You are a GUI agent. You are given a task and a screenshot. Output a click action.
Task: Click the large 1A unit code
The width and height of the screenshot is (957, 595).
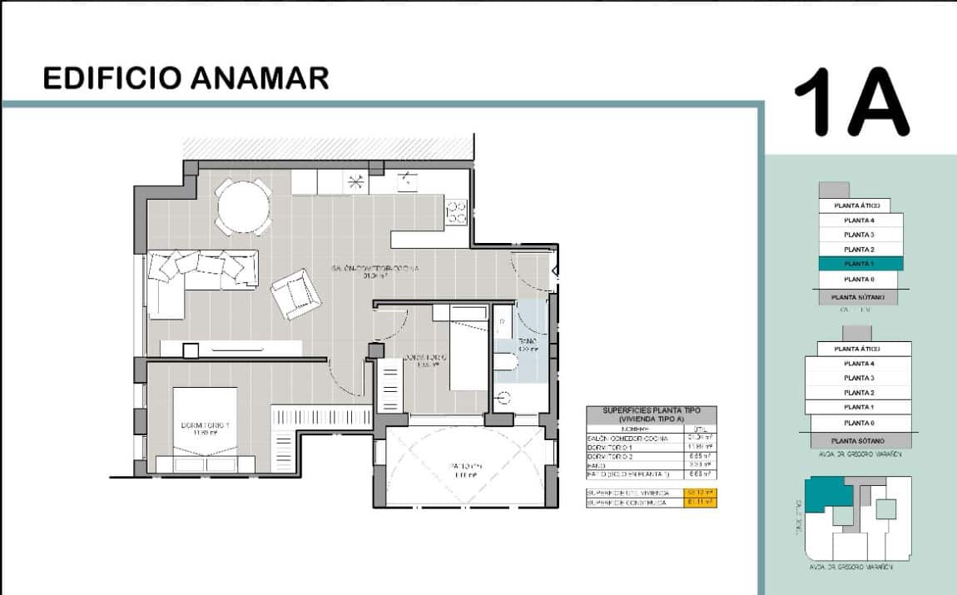pyautogui.click(x=850, y=102)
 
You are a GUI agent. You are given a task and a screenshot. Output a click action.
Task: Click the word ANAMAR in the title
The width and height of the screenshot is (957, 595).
pyautogui.click(x=260, y=78)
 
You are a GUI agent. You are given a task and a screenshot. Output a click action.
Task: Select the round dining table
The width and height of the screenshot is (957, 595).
pyautogui.click(x=243, y=207)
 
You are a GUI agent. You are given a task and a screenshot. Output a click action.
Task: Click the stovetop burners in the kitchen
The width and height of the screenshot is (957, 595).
pyautogui.click(x=457, y=213)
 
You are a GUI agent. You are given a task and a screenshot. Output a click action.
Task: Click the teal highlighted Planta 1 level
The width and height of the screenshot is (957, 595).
pyautogui.click(x=859, y=264)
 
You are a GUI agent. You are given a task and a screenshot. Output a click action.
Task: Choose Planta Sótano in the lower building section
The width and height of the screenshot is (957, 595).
pyautogui.click(x=859, y=441)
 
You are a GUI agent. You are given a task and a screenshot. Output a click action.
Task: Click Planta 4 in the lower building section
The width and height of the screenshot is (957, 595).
pyautogui.click(x=859, y=364)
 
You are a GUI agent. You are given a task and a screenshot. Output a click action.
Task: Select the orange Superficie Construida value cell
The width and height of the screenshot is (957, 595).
pyautogui.click(x=699, y=503)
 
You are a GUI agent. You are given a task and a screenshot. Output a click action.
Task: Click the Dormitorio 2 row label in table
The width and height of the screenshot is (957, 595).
pyautogui.click(x=615, y=457)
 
